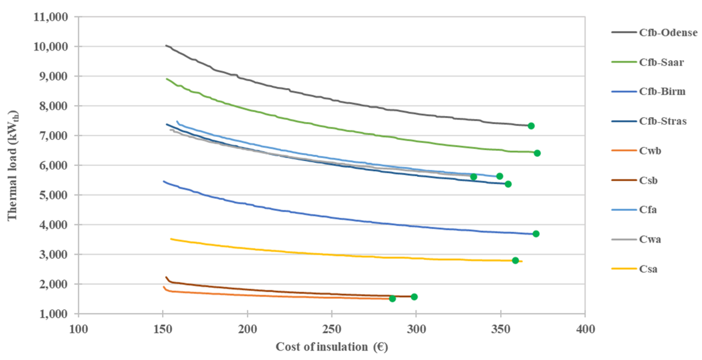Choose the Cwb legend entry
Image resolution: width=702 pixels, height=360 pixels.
point(650,151)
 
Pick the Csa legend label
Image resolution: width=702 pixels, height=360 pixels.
point(648,269)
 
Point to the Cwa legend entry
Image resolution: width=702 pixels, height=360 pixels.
point(650,239)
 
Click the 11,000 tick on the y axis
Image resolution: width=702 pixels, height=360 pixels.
point(51,17)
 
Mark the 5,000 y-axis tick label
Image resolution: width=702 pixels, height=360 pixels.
point(53,195)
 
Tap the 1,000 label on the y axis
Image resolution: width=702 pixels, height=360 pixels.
point(53,314)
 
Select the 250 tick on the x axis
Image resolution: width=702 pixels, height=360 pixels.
point(332,329)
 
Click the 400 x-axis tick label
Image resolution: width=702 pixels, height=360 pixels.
point(585,329)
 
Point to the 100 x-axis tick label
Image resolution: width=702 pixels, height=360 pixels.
point(79,329)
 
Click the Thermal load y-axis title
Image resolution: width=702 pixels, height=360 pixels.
point(13,165)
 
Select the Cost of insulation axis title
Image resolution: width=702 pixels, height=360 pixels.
point(332,347)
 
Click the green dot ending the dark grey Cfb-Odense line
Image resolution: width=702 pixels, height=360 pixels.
point(531,126)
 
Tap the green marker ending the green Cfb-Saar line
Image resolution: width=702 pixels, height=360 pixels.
point(537,153)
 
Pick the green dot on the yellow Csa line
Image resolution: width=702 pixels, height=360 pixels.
point(515,260)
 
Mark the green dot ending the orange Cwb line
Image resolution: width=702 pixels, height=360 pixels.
point(392,299)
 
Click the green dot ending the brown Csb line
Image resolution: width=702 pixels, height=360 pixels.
point(414,297)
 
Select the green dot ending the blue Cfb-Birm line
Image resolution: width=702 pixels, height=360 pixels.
point(536,234)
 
